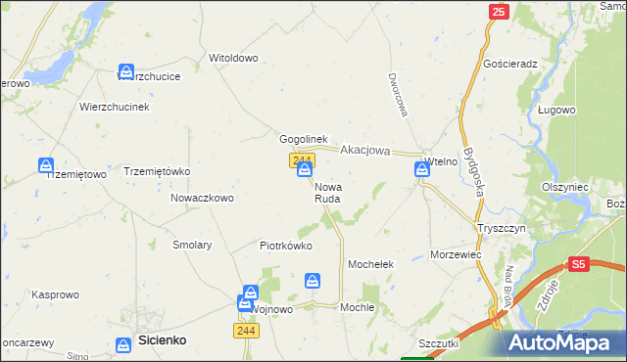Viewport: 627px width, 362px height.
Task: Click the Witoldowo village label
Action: point(233,58)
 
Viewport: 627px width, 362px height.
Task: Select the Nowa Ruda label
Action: point(327,192)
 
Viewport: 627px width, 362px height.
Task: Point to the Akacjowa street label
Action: point(365,151)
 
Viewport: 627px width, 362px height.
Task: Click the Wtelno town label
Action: point(441,161)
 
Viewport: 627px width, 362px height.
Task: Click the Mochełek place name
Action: point(371,265)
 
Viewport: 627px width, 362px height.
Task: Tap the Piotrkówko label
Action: point(286,246)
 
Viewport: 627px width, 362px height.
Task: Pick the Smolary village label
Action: point(192,245)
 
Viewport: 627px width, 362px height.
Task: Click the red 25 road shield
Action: point(499,12)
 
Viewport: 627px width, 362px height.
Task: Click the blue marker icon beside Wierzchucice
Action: point(126,71)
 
